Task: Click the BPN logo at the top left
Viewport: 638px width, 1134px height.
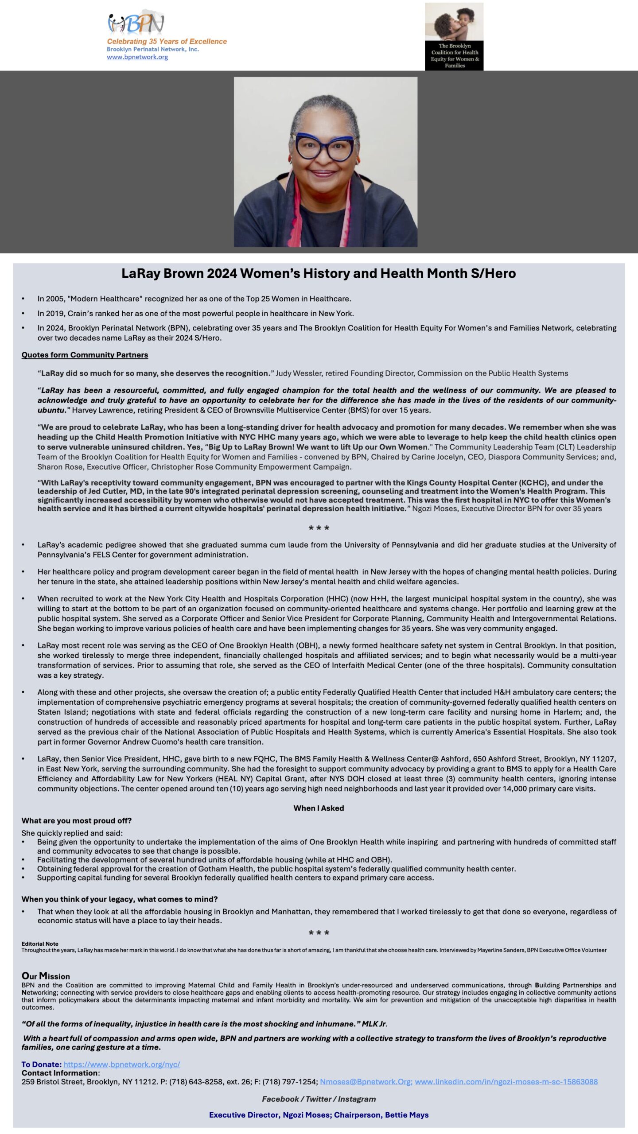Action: tap(136, 23)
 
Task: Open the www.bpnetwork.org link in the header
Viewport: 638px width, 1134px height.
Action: tap(137, 57)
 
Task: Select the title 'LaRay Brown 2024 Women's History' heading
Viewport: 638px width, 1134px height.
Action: tap(319, 273)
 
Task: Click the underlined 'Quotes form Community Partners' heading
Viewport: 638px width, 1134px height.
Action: tap(85, 355)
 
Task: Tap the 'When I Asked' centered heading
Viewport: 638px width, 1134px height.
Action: tap(319, 808)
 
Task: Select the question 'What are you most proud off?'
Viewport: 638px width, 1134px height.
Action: tap(77, 820)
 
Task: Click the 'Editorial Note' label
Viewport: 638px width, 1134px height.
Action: tap(40, 944)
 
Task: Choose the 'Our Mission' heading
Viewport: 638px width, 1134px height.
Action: tap(46, 976)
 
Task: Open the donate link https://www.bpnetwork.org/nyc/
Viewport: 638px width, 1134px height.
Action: tap(122, 1064)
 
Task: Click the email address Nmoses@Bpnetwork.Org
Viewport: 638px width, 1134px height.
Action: tap(366, 1082)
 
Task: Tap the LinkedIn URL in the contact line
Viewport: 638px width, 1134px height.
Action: tap(506, 1082)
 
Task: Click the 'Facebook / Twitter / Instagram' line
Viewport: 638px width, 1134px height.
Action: tap(319, 1099)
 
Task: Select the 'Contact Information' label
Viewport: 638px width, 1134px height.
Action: tap(60, 1073)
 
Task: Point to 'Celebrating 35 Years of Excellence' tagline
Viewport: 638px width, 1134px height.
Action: tap(167, 42)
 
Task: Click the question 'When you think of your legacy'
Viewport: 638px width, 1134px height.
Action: tap(120, 899)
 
